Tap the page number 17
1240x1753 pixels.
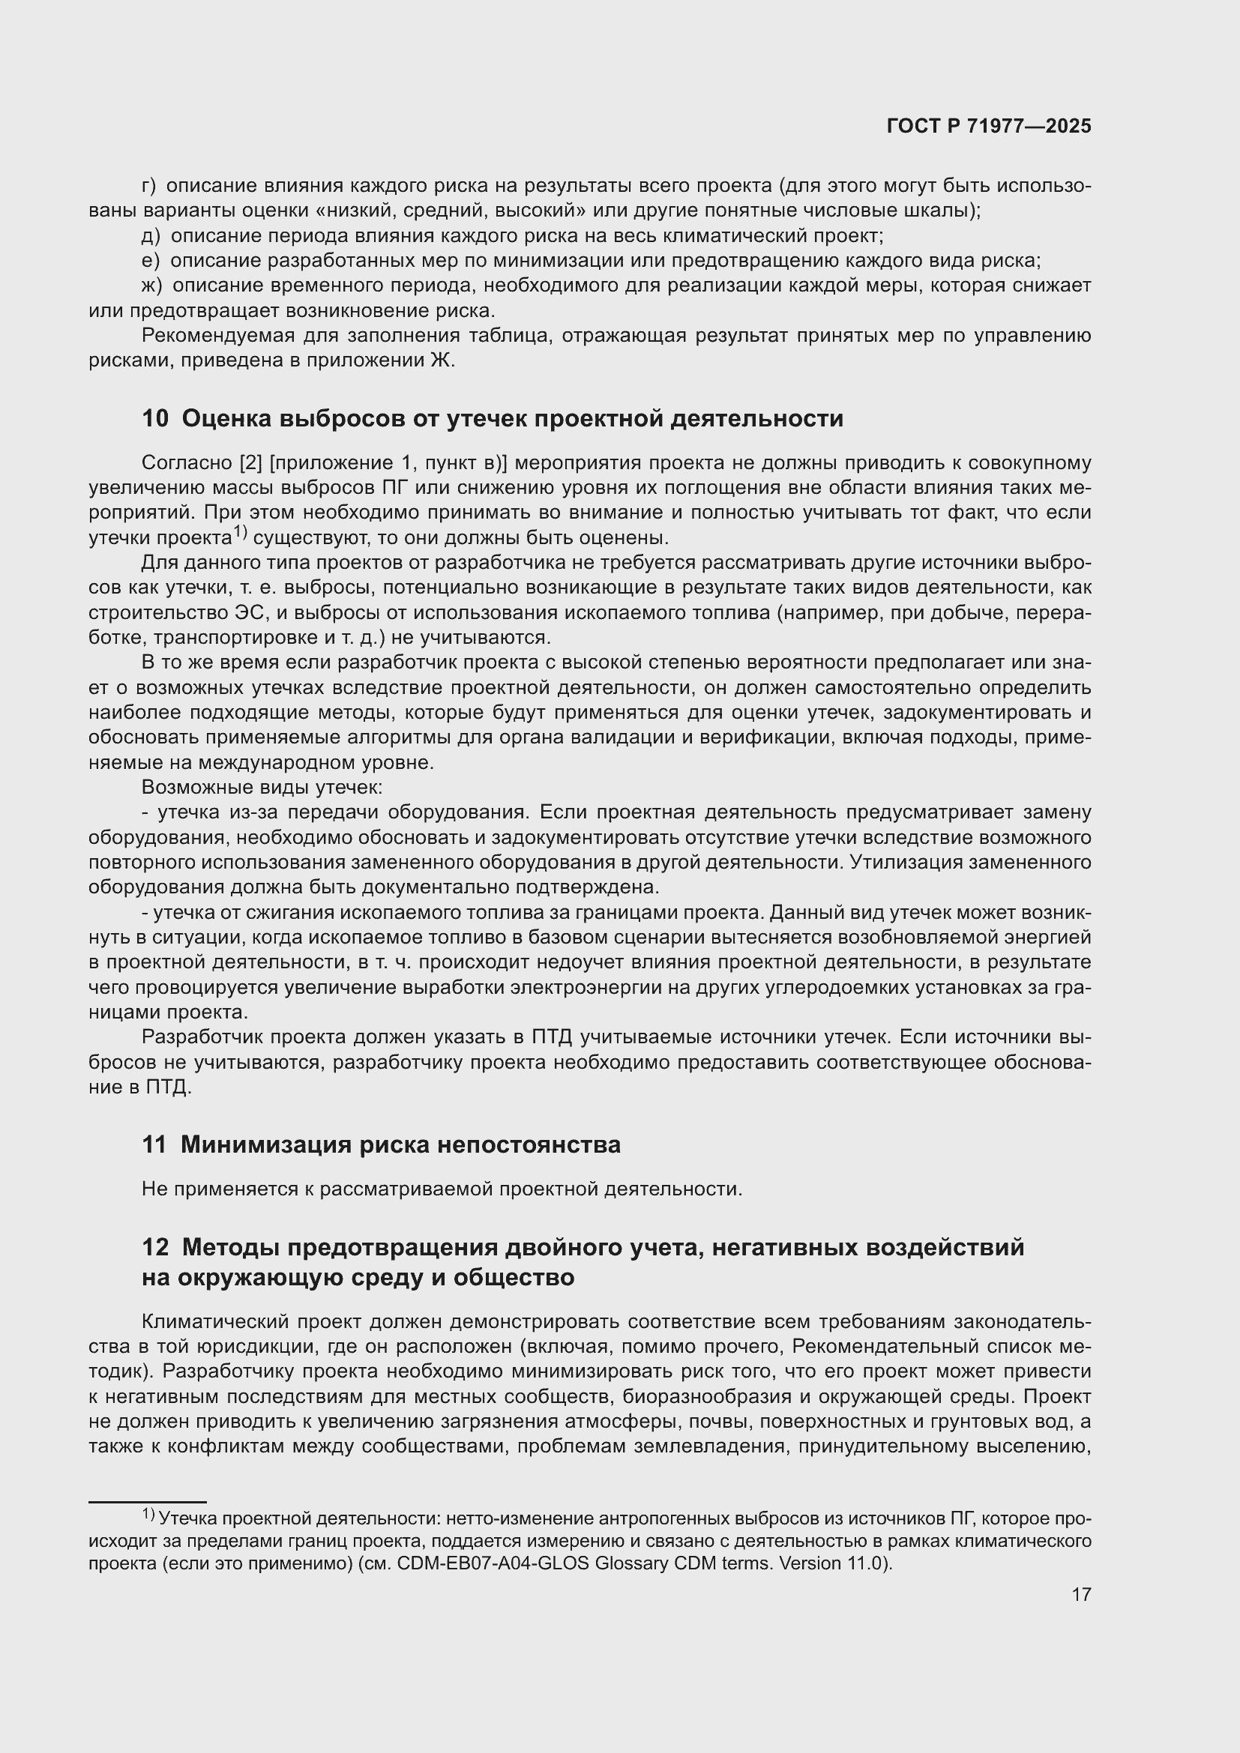pos(1080,1594)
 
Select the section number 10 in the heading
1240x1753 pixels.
pos(155,418)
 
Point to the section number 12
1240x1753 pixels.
pos(155,1248)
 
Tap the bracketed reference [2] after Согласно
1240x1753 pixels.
pos(251,462)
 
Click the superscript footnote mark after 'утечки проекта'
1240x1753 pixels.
pos(240,532)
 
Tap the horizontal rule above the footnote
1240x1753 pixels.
pos(148,1502)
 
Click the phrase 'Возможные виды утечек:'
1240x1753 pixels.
pos(262,787)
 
